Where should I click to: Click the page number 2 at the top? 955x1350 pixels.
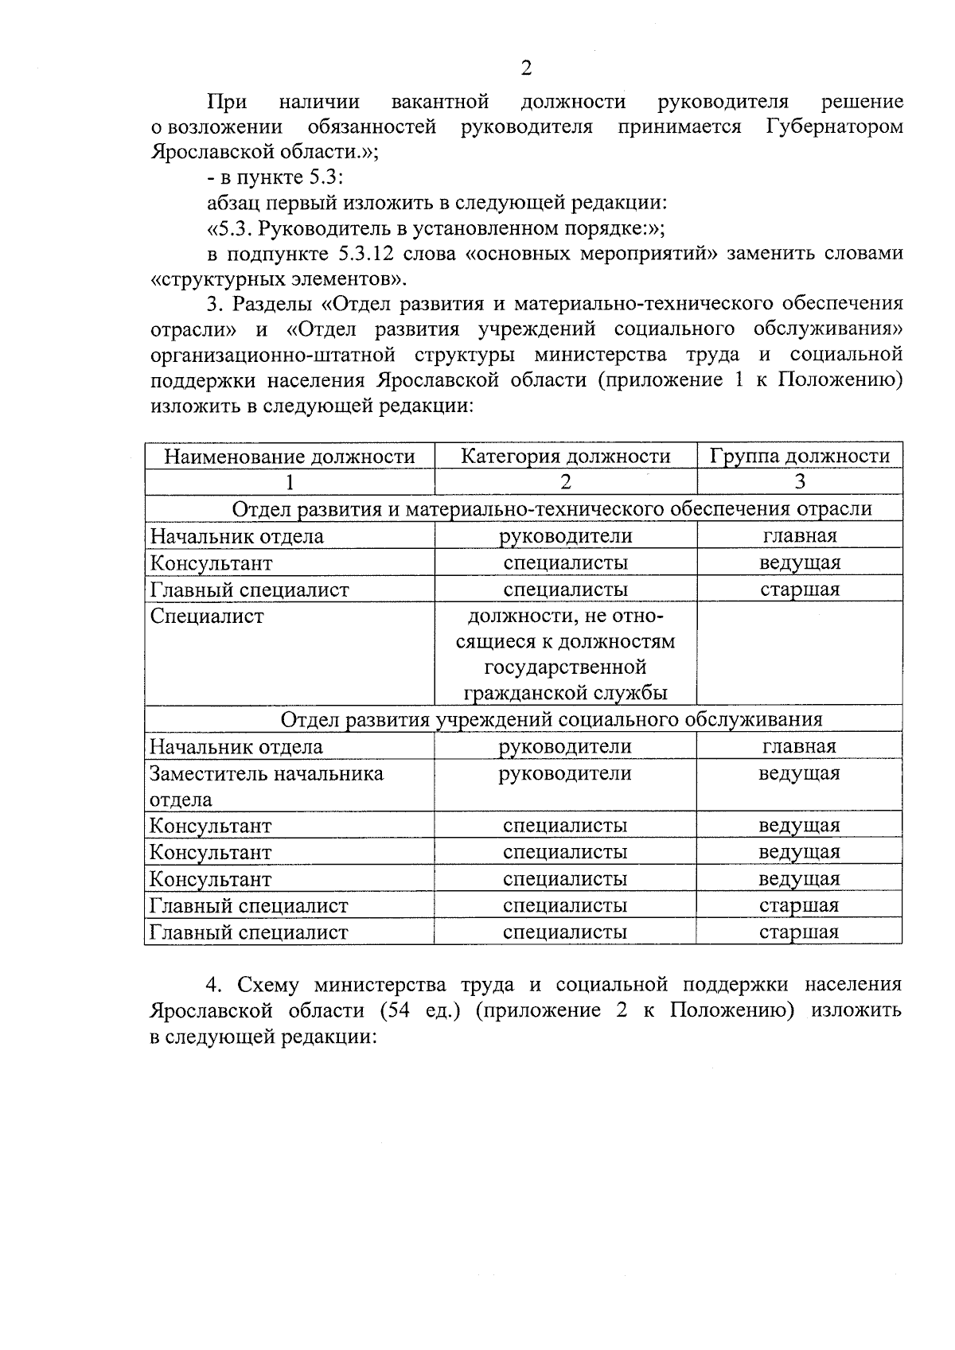[x=526, y=68]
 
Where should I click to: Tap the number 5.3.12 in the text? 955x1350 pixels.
[x=369, y=254]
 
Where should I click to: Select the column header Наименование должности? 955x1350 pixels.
[x=290, y=457]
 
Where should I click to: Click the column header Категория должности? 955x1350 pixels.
[x=566, y=457]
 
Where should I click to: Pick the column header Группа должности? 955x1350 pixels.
[x=799, y=457]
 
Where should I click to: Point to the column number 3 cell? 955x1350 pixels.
[x=799, y=482]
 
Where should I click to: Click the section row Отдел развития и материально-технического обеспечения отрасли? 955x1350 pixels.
[x=552, y=509]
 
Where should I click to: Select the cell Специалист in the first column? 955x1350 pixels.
[x=207, y=617]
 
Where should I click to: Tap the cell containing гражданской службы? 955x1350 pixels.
[x=565, y=693]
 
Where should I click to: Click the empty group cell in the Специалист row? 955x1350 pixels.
[x=799, y=652]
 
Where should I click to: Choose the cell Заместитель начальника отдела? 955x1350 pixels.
[x=267, y=786]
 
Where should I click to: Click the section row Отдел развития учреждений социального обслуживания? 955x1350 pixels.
[x=552, y=720]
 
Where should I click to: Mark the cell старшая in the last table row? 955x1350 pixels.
[x=799, y=932]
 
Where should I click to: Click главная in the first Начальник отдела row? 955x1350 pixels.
[x=799, y=536]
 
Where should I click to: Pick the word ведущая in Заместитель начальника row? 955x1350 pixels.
[x=799, y=773]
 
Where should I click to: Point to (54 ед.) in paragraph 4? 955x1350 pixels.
[x=421, y=1011]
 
